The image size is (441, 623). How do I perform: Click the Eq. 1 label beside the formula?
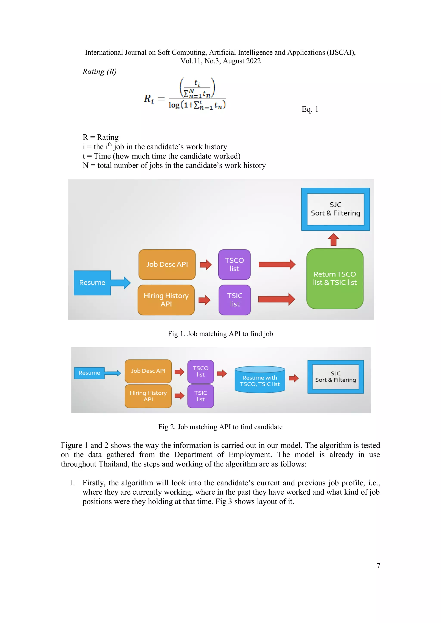pos(310,109)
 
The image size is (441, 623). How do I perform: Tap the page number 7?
pos(378,566)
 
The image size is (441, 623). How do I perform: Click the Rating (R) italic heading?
pos(99,71)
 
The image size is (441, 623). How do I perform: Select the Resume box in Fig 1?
pos(92,282)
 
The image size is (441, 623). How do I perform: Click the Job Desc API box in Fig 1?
pos(167,265)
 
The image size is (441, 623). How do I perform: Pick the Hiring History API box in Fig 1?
pos(166,300)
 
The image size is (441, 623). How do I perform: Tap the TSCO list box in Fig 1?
pos(234,265)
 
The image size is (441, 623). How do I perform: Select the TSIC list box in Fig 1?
pos(234,300)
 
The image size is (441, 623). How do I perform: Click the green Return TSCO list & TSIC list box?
pos(335,279)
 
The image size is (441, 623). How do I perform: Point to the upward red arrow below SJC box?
pos(333,240)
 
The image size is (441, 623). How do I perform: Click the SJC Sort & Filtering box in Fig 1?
pos(335,209)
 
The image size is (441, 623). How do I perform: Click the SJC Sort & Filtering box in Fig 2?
pos(335,377)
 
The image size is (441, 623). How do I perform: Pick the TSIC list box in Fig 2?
pos(200,396)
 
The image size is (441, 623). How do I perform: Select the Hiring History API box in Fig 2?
pos(148,396)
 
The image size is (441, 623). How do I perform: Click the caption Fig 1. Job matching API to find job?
pos(220,334)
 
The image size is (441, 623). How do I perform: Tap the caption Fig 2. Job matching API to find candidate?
pos(220,427)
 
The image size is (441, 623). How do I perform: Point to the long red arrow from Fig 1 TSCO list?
pos(277,264)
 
